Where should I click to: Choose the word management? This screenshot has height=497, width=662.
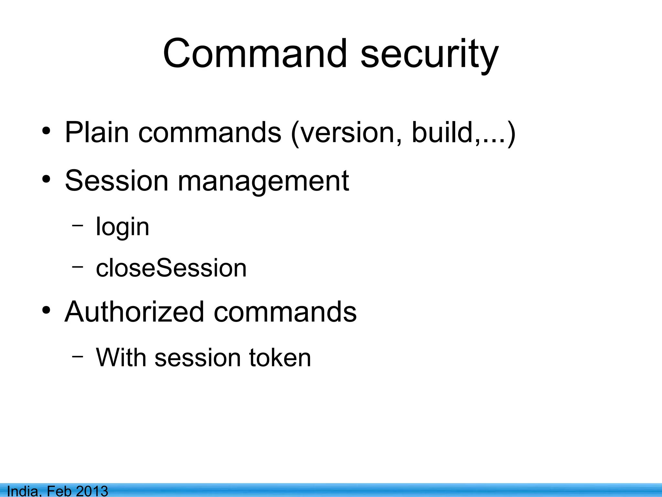pyautogui.click(x=263, y=182)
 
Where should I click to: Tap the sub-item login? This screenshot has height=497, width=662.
pyautogui.click(x=123, y=227)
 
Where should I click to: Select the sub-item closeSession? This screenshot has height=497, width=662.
pyautogui.click(x=171, y=268)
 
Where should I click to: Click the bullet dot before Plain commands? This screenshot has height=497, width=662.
pyautogui.click(x=46, y=131)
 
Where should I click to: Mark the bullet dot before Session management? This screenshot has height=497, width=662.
pyautogui.click(x=46, y=180)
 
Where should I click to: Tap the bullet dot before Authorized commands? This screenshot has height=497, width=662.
pyautogui.click(x=46, y=311)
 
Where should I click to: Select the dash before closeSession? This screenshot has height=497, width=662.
pyautogui.click(x=78, y=266)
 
